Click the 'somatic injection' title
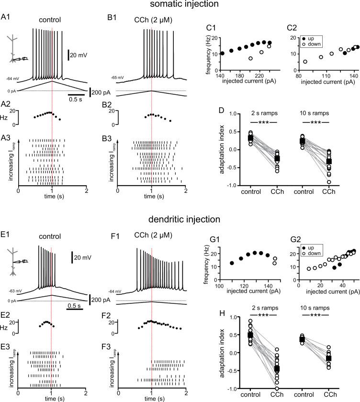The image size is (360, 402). coord(180,5)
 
